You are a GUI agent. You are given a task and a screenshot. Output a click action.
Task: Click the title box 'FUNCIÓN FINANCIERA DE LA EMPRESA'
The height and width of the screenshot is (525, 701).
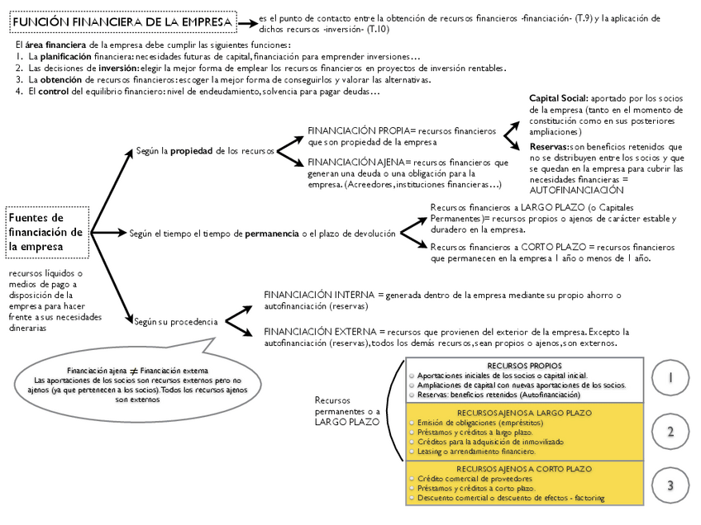point(123,23)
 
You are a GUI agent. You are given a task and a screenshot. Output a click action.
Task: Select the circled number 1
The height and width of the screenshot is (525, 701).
point(670,377)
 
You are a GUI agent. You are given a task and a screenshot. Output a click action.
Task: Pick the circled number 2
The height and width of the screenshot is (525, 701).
point(670,432)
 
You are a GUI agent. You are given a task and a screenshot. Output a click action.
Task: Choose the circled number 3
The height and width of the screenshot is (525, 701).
point(670,485)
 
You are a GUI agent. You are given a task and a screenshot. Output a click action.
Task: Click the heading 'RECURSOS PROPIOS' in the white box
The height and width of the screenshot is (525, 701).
point(524,365)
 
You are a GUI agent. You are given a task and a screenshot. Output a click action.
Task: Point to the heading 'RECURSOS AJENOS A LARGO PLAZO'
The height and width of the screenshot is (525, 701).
point(524,411)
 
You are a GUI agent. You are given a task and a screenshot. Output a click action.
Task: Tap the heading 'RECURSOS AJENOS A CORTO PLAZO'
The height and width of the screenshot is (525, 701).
point(524,469)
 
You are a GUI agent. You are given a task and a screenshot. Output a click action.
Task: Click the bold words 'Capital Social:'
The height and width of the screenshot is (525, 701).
point(558,98)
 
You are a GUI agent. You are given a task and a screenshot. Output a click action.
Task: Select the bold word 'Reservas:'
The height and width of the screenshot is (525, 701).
point(549,145)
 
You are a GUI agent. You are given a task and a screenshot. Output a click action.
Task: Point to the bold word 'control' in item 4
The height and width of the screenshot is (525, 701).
point(53,92)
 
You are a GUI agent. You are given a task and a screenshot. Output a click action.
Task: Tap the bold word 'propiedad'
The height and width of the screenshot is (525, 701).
point(192,151)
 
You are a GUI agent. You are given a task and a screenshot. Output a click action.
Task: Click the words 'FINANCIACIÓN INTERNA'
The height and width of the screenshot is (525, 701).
point(318,294)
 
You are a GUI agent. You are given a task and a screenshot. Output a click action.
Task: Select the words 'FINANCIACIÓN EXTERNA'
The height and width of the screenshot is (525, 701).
point(319,331)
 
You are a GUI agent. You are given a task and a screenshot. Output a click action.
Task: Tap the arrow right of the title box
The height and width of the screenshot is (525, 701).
point(247,22)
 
